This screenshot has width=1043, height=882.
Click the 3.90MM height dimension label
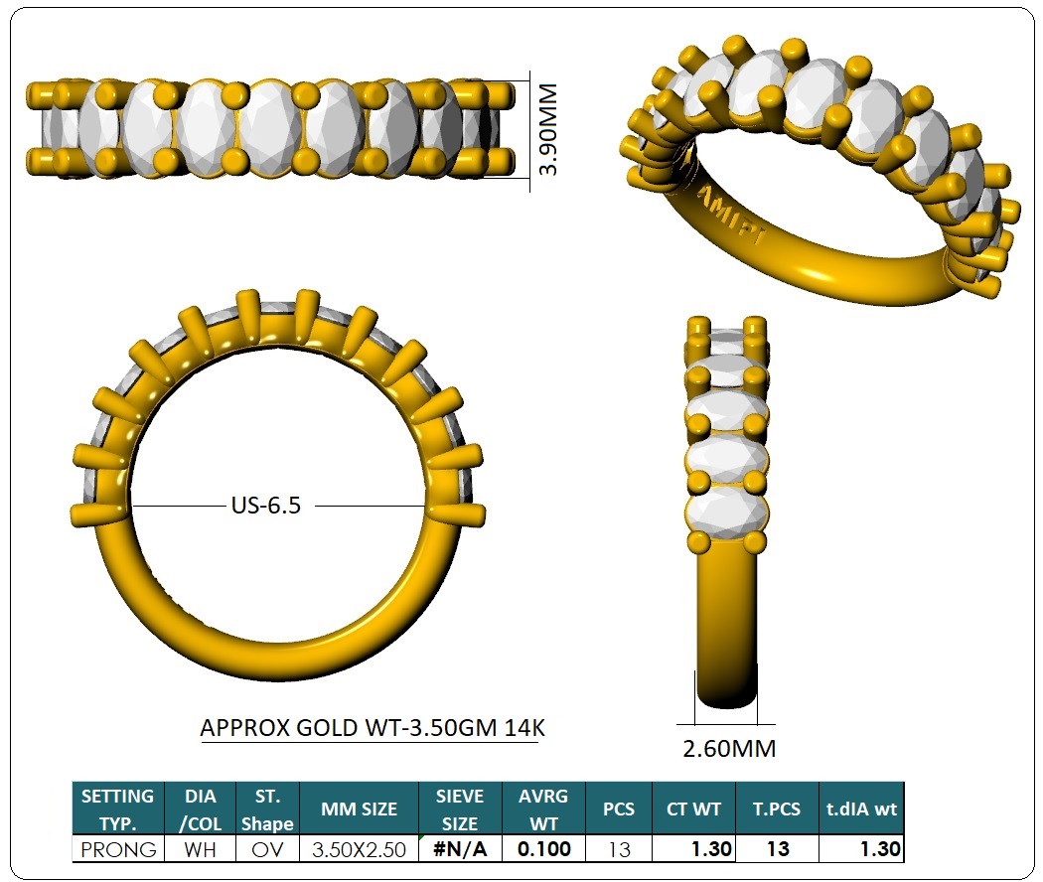click(548, 130)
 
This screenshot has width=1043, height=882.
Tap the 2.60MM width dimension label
click(729, 749)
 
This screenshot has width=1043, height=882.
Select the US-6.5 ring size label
click(266, 506)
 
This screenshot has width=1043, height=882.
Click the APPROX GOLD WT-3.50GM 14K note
click(372, 728)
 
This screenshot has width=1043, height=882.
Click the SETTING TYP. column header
click(118, 808)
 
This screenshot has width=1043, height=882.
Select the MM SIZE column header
click(360, 808)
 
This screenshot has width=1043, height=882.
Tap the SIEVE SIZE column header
click(460, 808)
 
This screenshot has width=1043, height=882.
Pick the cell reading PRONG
click(118, 849)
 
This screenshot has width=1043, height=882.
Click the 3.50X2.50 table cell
click(360, 849)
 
